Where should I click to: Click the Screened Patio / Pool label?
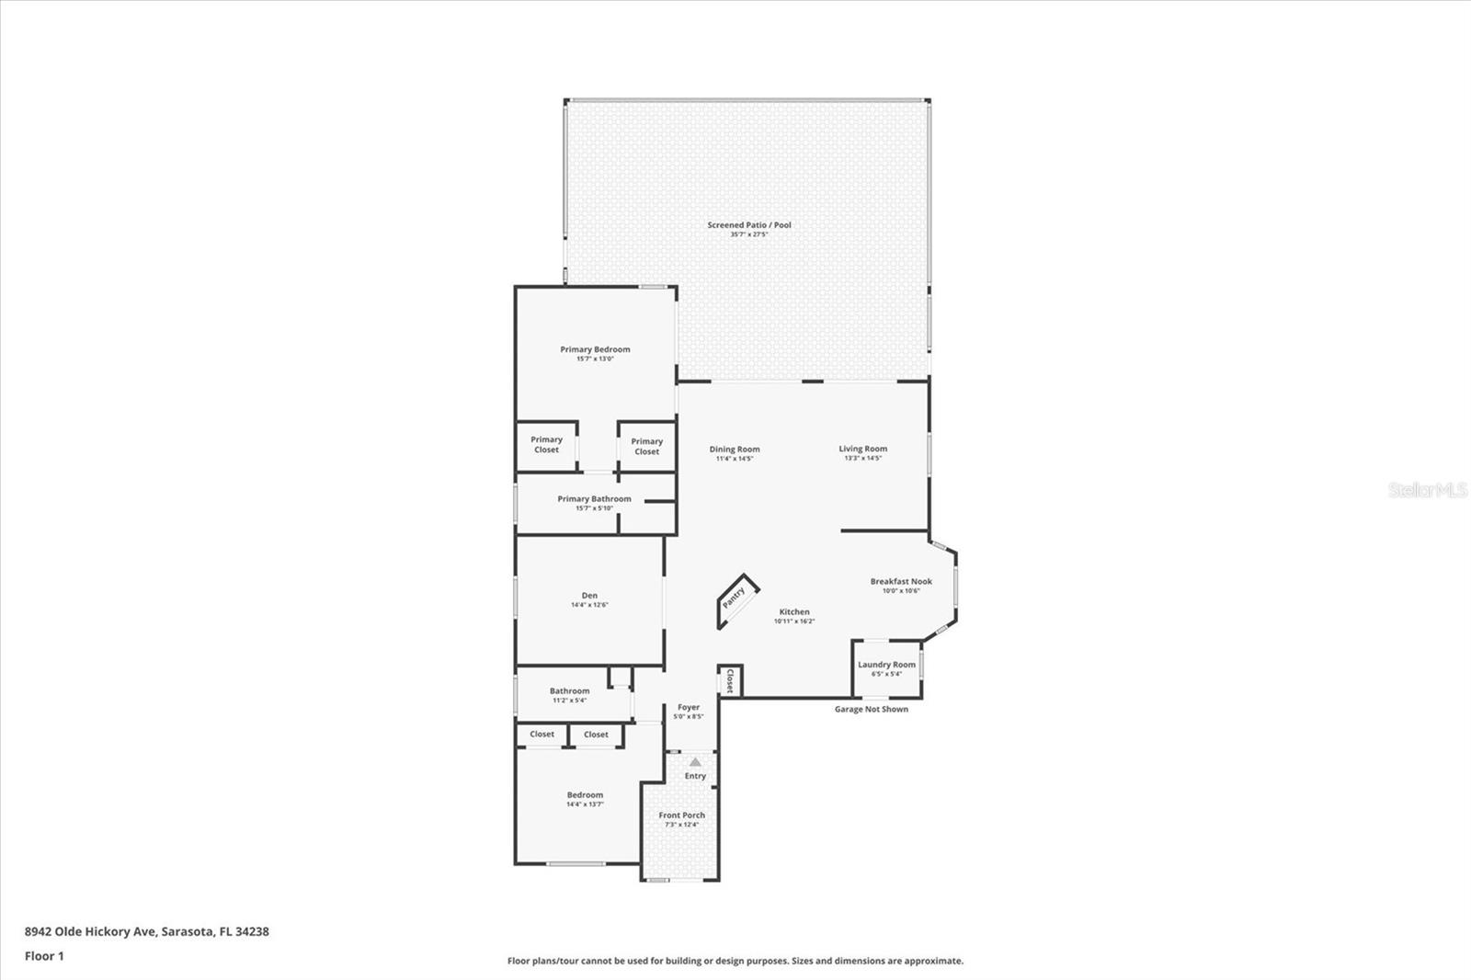click(x=748, y=225)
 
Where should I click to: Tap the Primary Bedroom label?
click(x=595, y=349)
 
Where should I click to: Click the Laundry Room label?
click(x=886, y=665)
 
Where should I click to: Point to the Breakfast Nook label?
click(x=901, y=581)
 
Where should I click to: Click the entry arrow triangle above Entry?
click(x=695, y=762)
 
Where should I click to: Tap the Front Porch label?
click(x=681, y=815)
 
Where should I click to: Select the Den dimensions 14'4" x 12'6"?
click(x=589, y=605)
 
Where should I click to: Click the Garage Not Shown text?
click(x=871, y=709)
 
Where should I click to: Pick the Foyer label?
click(x=689, y=707)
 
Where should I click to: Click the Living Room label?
click(x=862, y=449)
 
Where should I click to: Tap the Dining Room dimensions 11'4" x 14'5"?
click(x=735, y=459)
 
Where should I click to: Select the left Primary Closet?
click(x=546, y=445)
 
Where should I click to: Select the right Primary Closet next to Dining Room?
click(x=646, y=447)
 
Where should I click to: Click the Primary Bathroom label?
click(x=594, y=499)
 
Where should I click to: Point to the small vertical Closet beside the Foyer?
click(x=730, y=681)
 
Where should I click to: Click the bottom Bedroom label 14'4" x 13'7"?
click(x=585, y=795)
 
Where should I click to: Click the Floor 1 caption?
click(x=44, y=956)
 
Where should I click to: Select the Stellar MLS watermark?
click(x=1427, y=491)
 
